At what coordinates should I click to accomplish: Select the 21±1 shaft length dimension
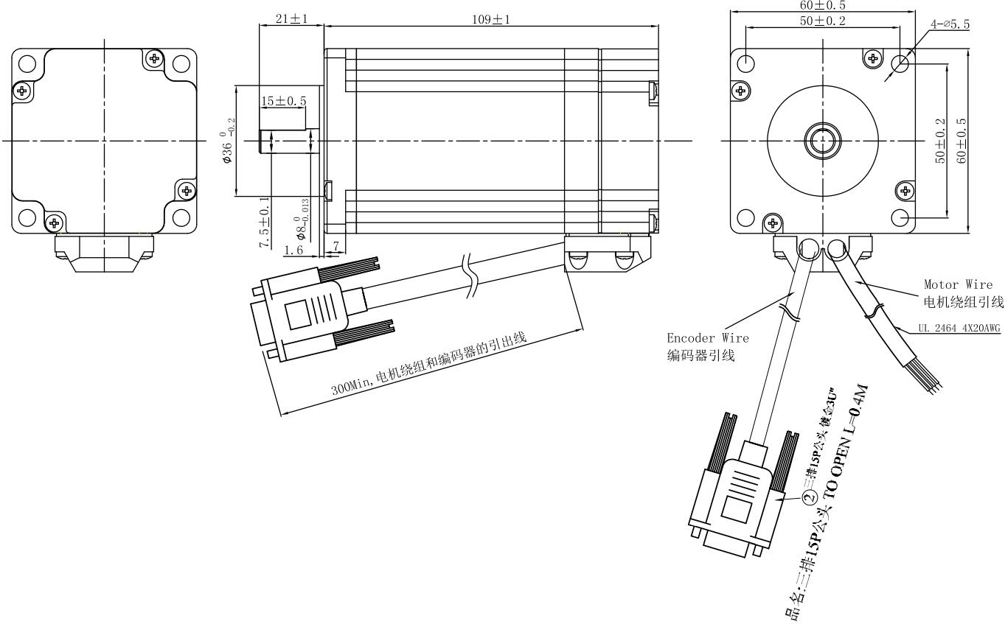[291, 18]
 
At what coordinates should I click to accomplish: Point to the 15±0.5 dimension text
[285, 101]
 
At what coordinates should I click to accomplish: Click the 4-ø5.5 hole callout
[950, 25]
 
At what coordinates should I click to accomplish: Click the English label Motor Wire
[958, 284]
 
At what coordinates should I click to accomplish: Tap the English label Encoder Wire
[708, 338]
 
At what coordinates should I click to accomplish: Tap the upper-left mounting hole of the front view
[746, 63]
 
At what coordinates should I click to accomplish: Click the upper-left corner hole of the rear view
[27, 63]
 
